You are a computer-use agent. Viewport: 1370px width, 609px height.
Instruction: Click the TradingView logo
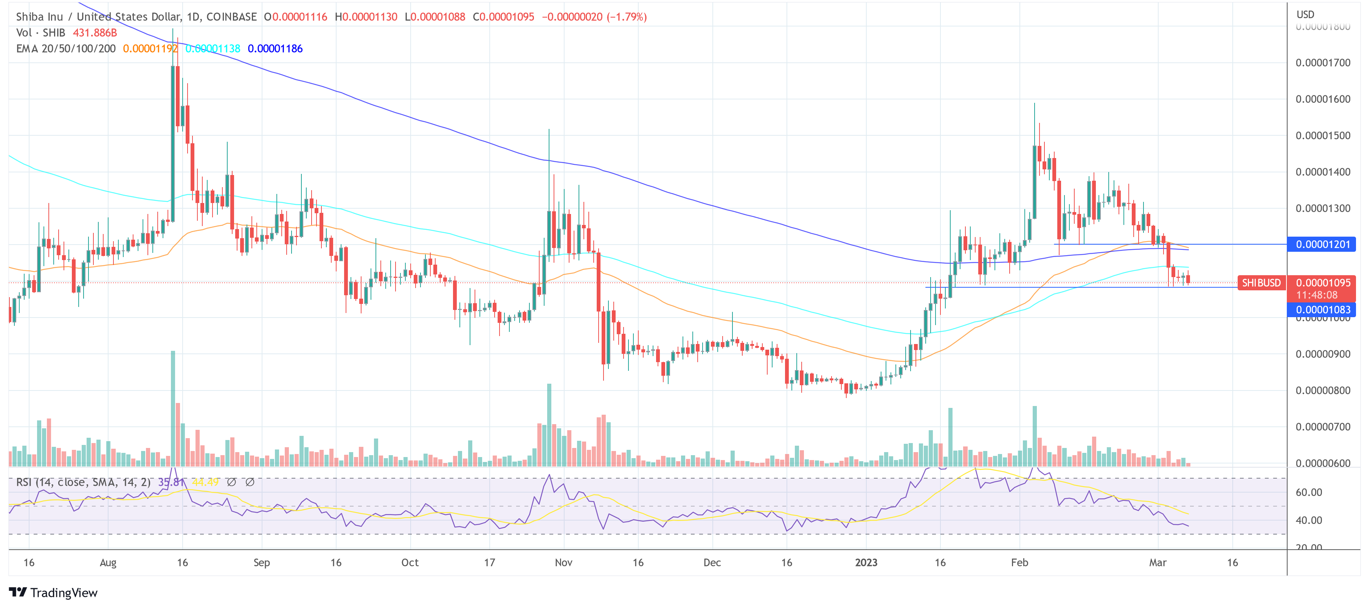coord(53,592)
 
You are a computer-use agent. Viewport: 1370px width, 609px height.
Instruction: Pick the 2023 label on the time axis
coord(866,563)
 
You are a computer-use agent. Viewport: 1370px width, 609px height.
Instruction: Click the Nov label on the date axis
coord(563,563)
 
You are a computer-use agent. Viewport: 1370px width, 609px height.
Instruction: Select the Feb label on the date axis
coord(1019,563)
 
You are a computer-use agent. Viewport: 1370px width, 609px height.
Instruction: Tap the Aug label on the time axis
coord(108,563)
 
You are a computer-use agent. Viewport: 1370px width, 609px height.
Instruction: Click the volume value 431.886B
coord(95,33)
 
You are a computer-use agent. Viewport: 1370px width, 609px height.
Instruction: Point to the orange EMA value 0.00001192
coord(150,49)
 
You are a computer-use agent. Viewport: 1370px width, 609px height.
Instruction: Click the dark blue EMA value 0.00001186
coord(275,49)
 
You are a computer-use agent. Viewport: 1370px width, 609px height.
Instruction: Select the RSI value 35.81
coord(171,482)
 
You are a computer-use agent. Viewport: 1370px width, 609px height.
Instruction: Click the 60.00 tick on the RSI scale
coord(1308,493)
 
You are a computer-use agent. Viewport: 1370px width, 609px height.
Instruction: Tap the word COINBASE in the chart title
coord(231,17)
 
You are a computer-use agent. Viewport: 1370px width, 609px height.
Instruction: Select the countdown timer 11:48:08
coord(1316,295)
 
